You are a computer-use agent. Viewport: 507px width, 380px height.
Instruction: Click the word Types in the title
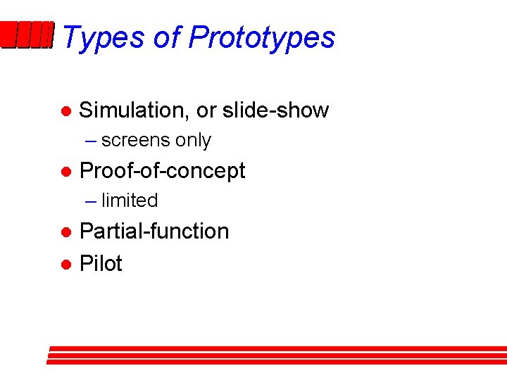coord(103,37)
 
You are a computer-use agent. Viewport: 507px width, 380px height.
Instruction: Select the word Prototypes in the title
coord(261,37)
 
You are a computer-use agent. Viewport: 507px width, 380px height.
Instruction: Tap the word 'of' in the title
coord(168,37)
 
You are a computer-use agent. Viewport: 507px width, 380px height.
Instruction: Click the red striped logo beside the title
coord(27,35)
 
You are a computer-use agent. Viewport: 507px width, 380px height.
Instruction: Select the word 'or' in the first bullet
coord(206,110)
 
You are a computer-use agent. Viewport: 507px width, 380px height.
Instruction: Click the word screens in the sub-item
coord(136,141)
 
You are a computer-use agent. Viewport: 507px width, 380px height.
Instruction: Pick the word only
coord(194,141)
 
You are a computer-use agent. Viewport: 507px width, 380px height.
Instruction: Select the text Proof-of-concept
coord(163,171)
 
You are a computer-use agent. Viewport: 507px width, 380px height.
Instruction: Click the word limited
coord(130,201)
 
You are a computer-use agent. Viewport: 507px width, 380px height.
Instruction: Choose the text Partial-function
coord(154,232)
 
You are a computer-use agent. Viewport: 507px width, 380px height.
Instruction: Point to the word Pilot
coord(101,264)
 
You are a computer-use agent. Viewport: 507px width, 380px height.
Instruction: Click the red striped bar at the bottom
coord(277,355)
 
